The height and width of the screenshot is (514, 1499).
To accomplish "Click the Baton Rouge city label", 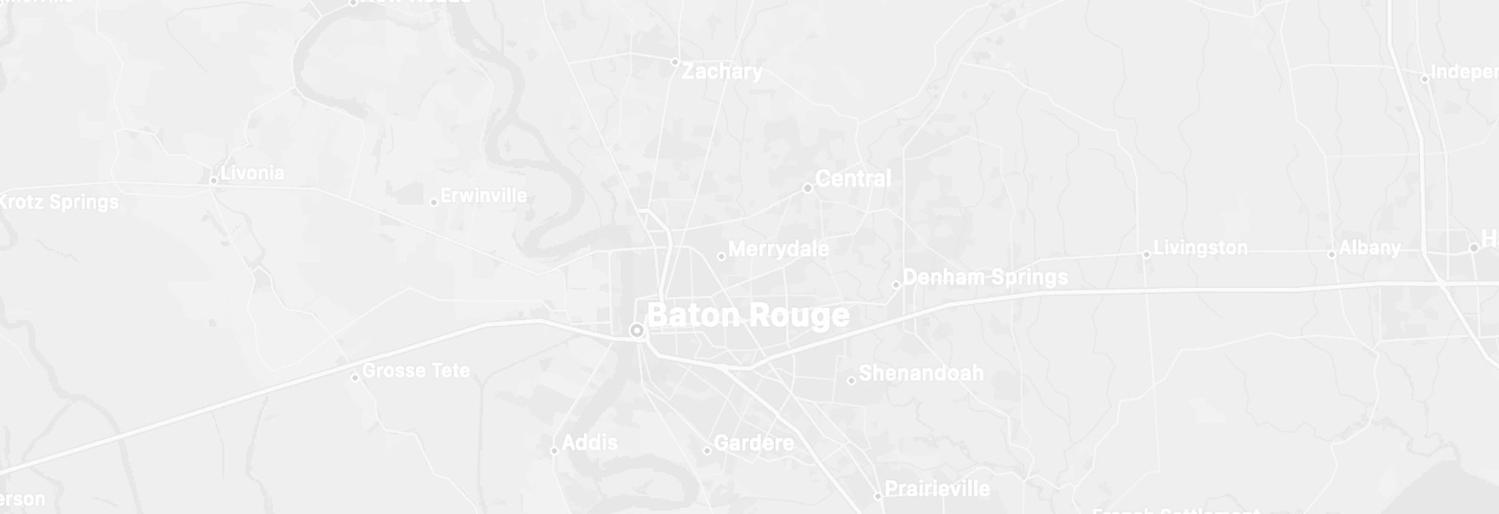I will (747, 315).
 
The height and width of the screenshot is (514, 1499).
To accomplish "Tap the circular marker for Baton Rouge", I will (636, 331).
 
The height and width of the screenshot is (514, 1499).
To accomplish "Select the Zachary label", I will (722, 71).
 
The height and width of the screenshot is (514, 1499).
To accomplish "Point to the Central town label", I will (852, 179).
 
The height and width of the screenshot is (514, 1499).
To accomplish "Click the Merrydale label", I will (778, 249).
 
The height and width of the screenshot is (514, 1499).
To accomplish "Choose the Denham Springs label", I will (985, 278).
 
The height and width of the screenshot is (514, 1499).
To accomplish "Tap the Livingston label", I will (1201, 248).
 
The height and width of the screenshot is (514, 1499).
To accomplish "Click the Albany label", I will (1370, 248).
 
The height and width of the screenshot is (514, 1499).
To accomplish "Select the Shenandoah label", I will (921, 373).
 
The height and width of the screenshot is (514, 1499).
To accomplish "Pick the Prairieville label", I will (937, 489).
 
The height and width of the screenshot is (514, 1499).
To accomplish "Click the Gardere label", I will (754, 443).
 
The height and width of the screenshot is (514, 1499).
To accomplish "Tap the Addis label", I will (590, 443).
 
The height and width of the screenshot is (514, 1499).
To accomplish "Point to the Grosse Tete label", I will (416, 371).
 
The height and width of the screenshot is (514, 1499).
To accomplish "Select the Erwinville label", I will (484, 196).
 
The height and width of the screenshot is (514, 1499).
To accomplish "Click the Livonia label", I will (252, 173).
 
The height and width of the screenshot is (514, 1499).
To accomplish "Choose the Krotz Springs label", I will (59, 202).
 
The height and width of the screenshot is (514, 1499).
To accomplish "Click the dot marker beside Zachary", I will (675, 62).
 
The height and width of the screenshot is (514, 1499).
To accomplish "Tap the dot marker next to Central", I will (807, 188).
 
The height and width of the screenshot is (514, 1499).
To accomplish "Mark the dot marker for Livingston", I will (1147, 255).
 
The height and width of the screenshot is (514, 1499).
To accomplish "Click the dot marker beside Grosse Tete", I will (354, 377).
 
